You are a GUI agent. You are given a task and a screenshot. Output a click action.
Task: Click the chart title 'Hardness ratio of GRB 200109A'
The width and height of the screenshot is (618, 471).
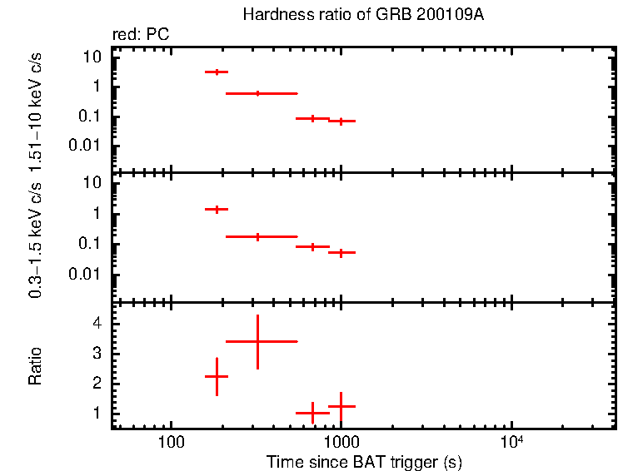363,15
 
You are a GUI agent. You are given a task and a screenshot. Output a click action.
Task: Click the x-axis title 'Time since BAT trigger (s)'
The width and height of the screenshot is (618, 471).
364,461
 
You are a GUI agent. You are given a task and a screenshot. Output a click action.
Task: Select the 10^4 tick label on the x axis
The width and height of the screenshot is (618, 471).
511,441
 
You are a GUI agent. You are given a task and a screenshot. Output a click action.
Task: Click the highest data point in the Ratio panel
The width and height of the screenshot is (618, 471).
258,341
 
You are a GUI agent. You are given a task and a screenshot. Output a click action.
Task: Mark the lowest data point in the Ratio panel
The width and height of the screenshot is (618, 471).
312,413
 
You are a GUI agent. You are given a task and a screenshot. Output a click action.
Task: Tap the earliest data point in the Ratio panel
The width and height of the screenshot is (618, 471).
217,377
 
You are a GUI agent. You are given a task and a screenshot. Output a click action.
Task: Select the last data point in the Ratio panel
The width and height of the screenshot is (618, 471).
341,406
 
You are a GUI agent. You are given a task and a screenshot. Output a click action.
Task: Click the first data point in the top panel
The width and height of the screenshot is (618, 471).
217,72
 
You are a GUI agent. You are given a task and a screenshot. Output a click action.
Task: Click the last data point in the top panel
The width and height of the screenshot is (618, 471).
341,121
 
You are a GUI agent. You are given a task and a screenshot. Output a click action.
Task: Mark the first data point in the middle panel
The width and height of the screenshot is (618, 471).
217,209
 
